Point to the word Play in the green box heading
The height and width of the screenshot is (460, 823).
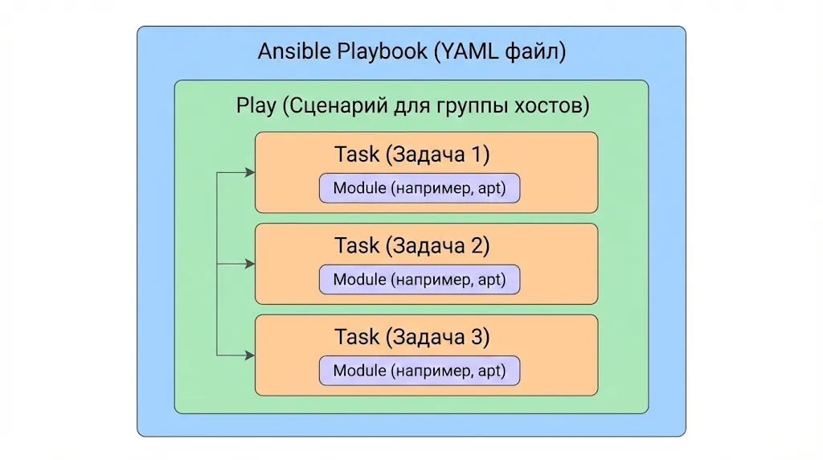click(255, 106)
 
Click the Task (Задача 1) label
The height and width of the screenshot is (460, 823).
click(411, 154)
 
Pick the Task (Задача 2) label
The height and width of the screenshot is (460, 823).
click(411, 245)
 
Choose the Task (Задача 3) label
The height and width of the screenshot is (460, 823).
click(411, 337)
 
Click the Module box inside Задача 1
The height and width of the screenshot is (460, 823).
click(419, 189)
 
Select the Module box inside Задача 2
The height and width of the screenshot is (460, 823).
click(419, 280)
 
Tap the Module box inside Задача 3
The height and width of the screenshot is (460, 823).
click(419, 371)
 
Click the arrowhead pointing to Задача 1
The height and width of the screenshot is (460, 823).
click(250, 172)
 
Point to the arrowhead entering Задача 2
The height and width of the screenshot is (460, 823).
click(250, 263)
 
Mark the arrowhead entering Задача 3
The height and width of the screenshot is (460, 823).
click(250, 355)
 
